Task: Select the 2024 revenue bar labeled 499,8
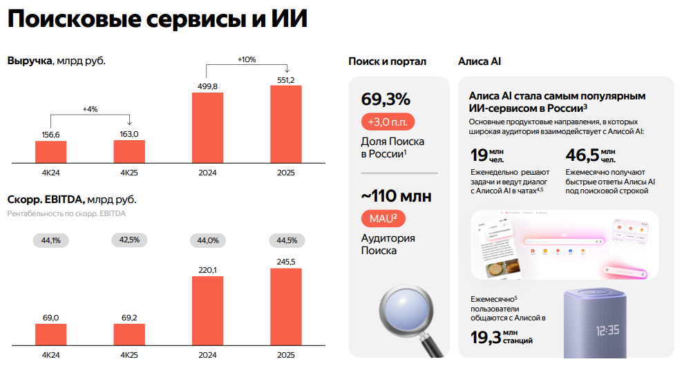tap(207, 128)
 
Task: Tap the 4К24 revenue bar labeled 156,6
tap(50, 152)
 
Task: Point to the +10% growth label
tap(246, 59)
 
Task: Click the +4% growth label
tap(90, 109)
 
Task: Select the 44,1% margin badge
tap(51, 240)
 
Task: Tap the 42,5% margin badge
tap(129, 240)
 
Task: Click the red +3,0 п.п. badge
tap(386, 122)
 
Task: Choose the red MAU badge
tap(383, 219)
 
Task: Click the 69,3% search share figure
tap(386, 99)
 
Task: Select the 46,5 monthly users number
tap(581, 155)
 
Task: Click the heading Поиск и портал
tap(387, 61)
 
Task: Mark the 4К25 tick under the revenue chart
tap(129, 173)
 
